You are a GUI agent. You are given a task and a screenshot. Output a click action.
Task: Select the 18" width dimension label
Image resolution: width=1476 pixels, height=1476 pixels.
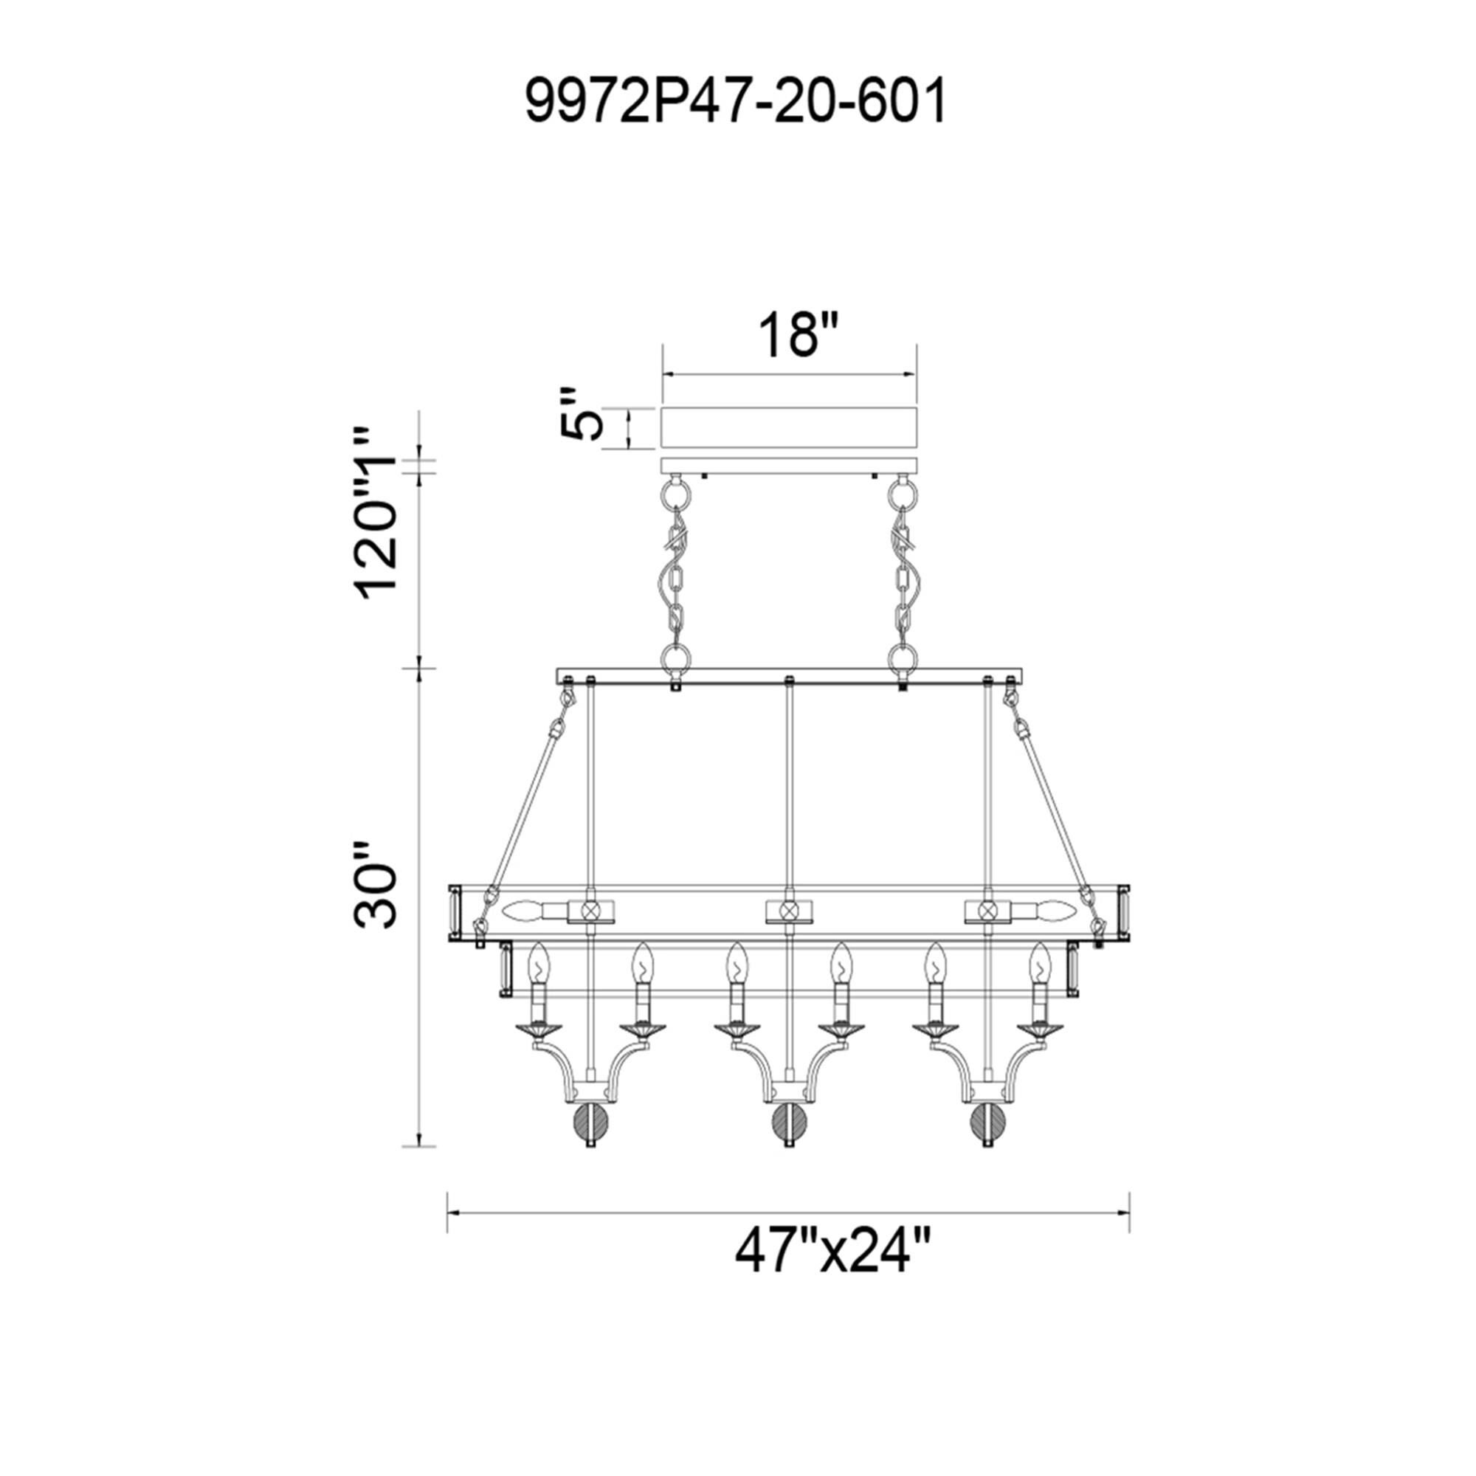(788, 334)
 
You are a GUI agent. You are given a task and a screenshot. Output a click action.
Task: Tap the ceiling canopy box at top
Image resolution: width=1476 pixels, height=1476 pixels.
(789, 428)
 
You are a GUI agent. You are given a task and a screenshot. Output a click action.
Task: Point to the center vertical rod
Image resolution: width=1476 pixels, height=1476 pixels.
(788, 787)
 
